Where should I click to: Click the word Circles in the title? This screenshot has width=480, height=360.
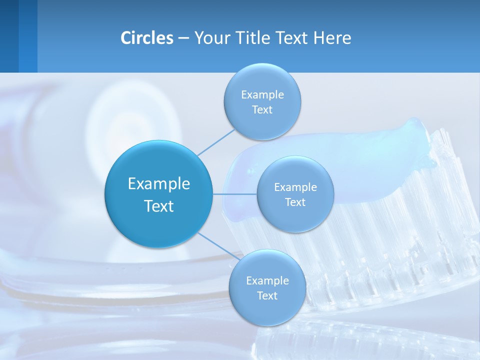click(x=147, y=38)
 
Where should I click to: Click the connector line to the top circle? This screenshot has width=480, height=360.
click(x=216, y=142)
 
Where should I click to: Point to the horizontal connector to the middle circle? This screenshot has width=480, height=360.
click(x=234, y=193)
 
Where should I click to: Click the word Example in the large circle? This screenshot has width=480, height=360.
click(x=159, y=184)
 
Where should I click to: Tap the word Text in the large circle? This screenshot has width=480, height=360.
click(x=159, y=206)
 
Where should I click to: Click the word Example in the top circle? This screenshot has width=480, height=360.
click(x=262, y=95)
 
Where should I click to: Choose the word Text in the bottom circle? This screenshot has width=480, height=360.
click(x=267, y=295)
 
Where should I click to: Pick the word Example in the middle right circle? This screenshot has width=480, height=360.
click(x=295, y=187)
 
